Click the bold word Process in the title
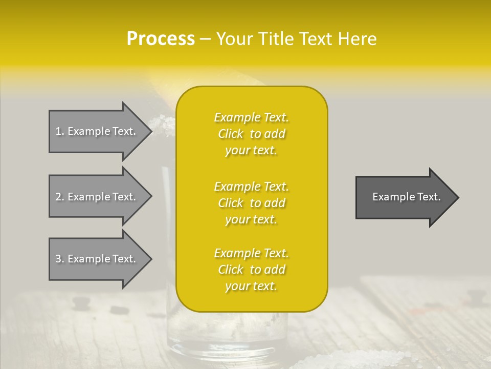pos(161,39)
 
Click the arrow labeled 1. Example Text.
pos(97,131)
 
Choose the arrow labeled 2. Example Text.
pos(97,197)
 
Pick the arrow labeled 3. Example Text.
pos(97,259)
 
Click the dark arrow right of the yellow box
pos(404,197)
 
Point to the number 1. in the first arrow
pos(60,131)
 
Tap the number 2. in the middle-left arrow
pos(60,197)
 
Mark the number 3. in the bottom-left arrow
pos(60,259)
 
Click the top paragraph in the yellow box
pos(252,134)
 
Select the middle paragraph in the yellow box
pos(252,203)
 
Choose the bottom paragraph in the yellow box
pos(252,270)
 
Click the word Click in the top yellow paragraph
pos(231,134)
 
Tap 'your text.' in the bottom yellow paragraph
pos(251,286)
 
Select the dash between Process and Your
pos(205,39)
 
